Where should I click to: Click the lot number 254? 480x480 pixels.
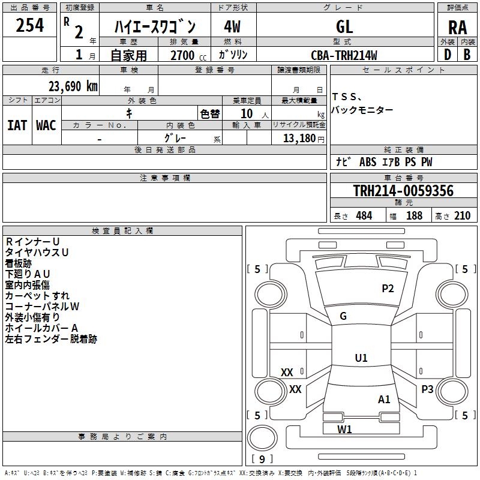29,25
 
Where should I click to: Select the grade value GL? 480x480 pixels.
344,26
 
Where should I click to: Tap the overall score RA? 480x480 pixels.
457,28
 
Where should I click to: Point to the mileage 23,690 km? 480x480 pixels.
73,86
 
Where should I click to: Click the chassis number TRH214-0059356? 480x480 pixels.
403,191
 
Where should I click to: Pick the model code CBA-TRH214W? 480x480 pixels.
344,55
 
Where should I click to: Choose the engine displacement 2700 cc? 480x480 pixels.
188,55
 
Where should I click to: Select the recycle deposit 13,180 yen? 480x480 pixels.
304,139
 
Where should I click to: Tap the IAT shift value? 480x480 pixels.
17,125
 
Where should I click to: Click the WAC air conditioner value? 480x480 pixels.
46,125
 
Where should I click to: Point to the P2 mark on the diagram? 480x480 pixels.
388,288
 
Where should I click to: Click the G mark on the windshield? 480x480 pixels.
343,316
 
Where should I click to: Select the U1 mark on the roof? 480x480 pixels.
361,358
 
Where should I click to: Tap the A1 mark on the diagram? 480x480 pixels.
384,399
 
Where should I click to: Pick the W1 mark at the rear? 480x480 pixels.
344,429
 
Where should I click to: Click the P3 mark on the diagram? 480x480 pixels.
427,389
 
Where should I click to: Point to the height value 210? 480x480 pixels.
462,216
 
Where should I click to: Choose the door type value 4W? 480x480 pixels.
232,26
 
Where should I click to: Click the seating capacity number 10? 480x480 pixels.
247,113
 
